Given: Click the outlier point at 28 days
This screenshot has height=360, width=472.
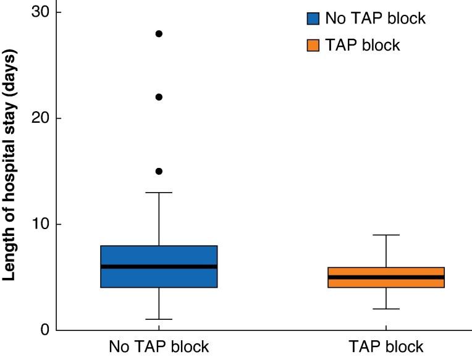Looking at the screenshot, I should (x=159, y=34).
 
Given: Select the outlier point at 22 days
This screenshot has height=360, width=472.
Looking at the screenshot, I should (x=159, y=97).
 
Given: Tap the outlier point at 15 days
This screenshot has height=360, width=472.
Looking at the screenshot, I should (x=159, y=171).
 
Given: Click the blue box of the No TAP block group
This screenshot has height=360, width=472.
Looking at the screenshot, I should (x=159, y=256).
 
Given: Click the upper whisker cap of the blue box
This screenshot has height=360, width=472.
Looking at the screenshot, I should (x=159, y=193).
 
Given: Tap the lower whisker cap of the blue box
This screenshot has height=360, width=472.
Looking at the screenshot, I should (x=159, y=319).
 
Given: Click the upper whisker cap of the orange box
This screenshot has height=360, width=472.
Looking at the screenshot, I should (x=386, y=235).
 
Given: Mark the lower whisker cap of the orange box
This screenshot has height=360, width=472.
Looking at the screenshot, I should (x=386, y=309).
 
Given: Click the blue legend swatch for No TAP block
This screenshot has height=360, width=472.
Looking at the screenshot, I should (x=313, y=19).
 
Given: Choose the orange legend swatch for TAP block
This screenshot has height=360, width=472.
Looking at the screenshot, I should (x=313, y=45).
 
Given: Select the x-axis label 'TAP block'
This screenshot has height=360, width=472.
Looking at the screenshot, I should (x=386, y=346).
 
